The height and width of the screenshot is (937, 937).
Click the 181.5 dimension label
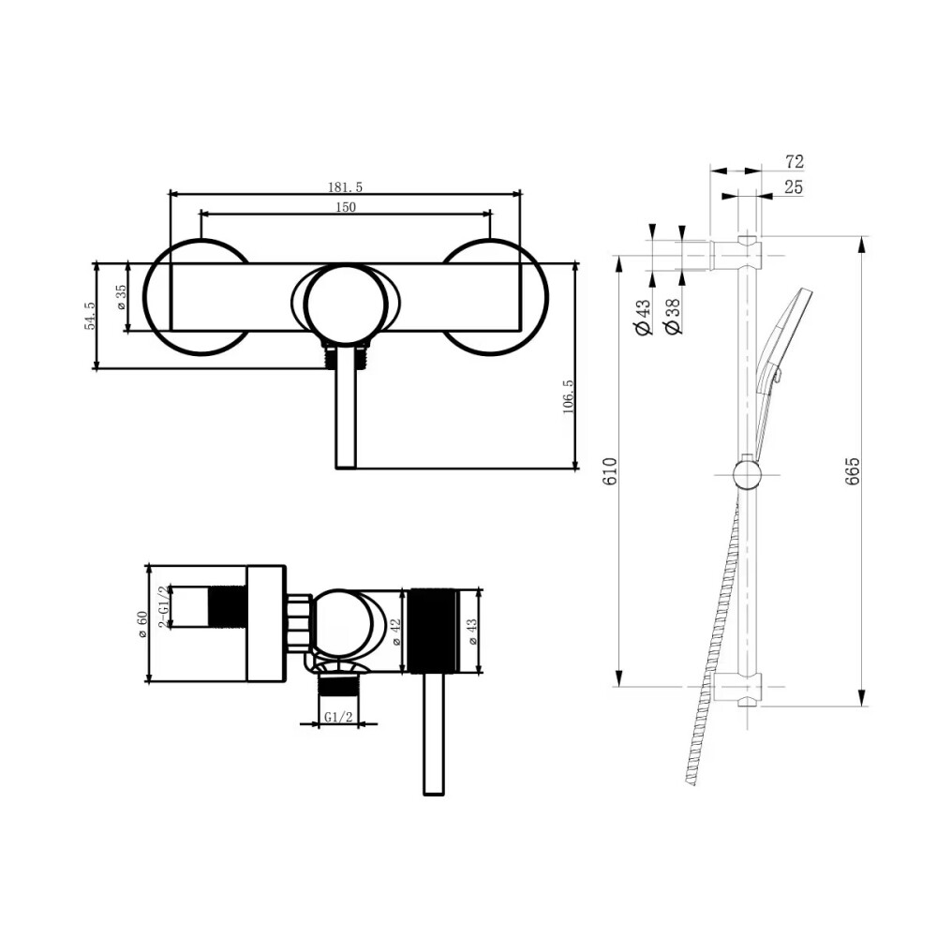[345, 187]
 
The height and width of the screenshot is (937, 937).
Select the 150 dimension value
[346, 207]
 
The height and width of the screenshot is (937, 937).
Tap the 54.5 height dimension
[90, 316]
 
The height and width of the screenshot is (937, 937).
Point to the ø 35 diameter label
[121, 297]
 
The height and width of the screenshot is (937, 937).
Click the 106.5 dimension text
[568, 396]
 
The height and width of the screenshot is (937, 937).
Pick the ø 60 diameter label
[142, 624]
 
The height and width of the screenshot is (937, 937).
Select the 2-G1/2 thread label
[162, 606]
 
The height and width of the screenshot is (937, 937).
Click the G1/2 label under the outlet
[338, 717]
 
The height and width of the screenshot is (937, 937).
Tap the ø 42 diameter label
[396, 632]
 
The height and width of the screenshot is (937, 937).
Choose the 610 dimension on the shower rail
[609, 470]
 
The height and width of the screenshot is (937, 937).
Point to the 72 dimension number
[795, 161]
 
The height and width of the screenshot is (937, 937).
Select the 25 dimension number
[794, 187]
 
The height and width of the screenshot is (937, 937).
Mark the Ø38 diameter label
[673, 317]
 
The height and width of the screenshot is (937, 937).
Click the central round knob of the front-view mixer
[345, 305]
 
